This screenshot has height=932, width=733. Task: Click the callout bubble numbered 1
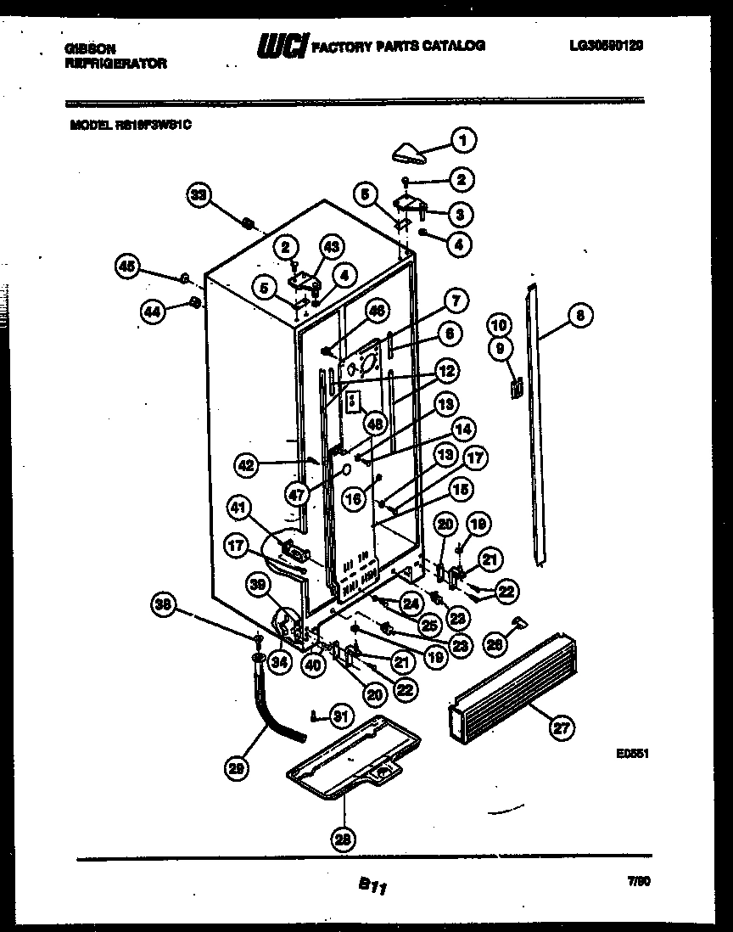coord(463,139)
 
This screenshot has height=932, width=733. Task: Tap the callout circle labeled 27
coord(561,727)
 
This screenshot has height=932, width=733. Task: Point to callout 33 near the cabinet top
coord(199,196)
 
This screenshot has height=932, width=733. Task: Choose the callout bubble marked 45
coord(127,267)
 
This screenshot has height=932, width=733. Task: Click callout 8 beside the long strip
coord(580,316)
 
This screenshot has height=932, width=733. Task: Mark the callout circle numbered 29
coord(238,769)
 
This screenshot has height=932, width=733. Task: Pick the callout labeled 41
coord(239,509)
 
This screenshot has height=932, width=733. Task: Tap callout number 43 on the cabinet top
coord(331,247)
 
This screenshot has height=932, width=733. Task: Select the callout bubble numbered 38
coord(165,605)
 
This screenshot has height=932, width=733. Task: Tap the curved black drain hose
coord(274,710)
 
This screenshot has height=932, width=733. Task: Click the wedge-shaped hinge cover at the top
coord(410,153)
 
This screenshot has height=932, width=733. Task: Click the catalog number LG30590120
coord(606,46)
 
